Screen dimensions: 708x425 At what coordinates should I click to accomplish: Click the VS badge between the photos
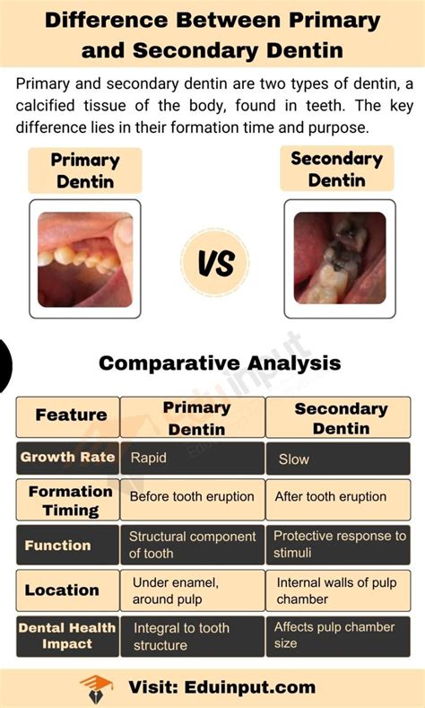214,264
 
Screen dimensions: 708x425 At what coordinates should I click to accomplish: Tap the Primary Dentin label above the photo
86,170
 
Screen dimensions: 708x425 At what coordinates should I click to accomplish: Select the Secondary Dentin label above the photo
336,170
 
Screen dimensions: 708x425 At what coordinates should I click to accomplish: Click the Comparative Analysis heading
220,363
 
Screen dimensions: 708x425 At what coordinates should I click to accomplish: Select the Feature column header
71,415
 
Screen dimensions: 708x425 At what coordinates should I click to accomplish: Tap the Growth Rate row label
68,457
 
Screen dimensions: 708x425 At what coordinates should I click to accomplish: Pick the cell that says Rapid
192,458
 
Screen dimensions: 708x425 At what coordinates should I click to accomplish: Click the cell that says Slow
338,458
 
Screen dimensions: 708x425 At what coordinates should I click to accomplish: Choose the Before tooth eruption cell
192,497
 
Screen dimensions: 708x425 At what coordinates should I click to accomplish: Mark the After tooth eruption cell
338,497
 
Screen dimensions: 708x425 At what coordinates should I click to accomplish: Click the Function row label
58,545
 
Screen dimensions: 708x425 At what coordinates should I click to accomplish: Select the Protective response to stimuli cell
338,545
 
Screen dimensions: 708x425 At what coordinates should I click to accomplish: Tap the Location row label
62,590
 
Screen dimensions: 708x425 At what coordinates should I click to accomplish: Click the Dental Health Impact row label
66,635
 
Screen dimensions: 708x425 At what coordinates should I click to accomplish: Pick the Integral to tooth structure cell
192,636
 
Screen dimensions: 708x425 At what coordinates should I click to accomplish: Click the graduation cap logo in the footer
96,688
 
